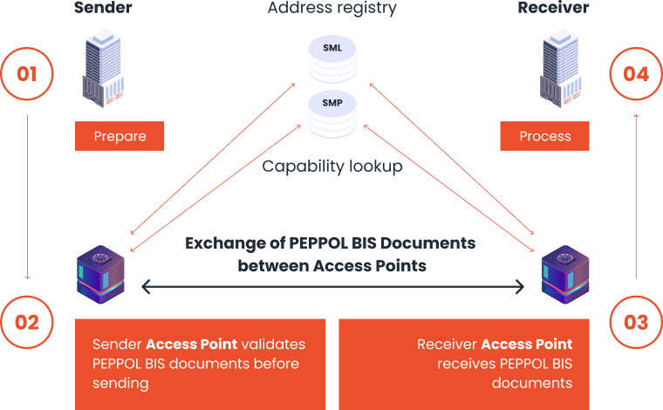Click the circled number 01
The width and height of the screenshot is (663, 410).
[x=27, y=73]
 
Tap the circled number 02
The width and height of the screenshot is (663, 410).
[x=27, y=322]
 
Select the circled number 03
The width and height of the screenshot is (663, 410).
[x=636, y=322]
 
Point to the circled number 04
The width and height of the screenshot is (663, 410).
[x=636, y=73]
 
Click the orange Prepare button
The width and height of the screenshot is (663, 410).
[x=120, y=136]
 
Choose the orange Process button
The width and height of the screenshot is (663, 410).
[x=544, y=136]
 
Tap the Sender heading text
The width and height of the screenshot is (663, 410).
[x=103, y=9]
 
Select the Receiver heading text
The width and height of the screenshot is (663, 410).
[x=553, y=9]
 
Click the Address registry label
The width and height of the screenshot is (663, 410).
[x=332, y=9]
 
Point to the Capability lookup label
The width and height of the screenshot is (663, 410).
[x=332, y=167]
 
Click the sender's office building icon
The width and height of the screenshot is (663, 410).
[x=102, y=70]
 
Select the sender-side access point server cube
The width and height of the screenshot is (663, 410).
[x=101, y=273]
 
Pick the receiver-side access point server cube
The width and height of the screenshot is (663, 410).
[x=564, y=273]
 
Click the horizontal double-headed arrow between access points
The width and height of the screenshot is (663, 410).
[x=332, y=285]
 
